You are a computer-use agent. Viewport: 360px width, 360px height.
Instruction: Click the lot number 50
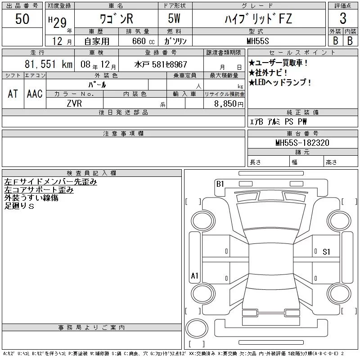tap(22, 18)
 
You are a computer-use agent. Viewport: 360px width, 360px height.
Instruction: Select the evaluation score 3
tap(343, 18)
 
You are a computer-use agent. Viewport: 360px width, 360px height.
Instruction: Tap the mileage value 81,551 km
tap(49, 64)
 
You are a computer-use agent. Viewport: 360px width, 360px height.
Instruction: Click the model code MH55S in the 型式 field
tap(257, 41)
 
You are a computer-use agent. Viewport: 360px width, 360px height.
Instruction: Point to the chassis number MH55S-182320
tap(302, 143)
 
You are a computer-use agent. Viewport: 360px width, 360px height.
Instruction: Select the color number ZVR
tap(74, 103)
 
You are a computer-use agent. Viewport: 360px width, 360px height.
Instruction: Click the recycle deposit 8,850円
tap(229, 104)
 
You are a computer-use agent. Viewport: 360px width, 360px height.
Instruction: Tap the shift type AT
tap(13, 94)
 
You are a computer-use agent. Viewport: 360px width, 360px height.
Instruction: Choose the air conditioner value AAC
tap(35, 94)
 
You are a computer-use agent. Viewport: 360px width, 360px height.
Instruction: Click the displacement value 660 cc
tap(143, 41)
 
